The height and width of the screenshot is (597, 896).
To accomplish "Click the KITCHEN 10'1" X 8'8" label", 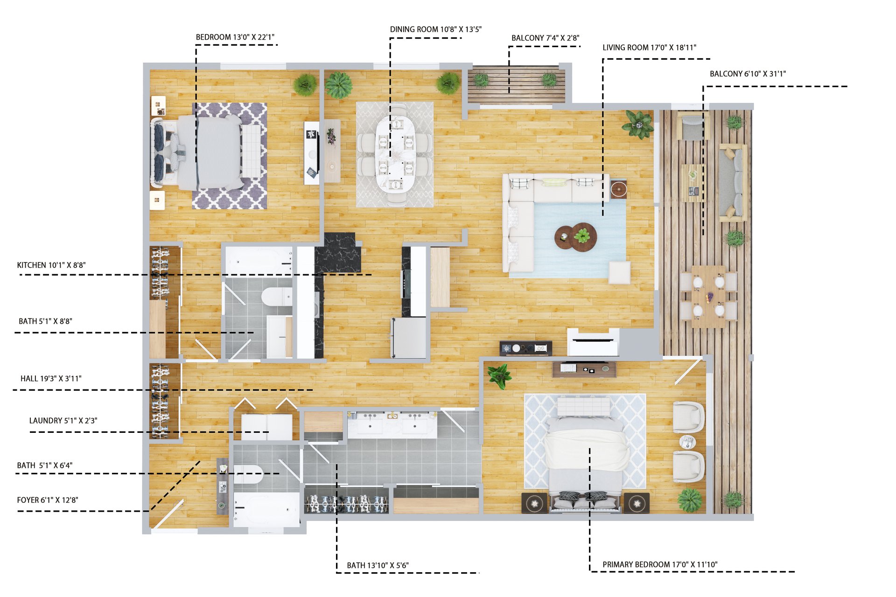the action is pos(51,265).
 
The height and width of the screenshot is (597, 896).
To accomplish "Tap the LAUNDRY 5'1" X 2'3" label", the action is pos(63,421).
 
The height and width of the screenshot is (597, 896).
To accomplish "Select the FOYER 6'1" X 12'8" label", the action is pos(48,500).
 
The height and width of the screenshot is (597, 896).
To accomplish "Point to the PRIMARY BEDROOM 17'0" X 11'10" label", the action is pos(660,564).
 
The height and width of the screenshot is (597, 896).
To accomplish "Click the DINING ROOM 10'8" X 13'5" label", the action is pos(436,29).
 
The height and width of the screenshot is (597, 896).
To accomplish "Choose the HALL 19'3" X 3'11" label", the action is pos(51,379).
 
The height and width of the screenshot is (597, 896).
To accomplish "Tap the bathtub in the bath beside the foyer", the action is pos(266,509).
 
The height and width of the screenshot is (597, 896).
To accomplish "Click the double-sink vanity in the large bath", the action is pos(392,424).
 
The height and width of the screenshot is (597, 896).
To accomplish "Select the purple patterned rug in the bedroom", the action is pos(230,156).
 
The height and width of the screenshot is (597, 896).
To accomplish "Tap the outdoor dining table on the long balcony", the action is pos(708,297).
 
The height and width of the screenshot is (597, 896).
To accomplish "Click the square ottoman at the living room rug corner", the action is pos(619,272).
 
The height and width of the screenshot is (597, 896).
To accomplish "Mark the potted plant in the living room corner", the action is pos(638,124).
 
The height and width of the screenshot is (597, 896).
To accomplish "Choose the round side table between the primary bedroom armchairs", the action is pos(687,441).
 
